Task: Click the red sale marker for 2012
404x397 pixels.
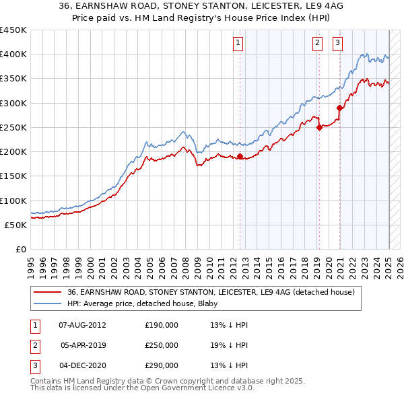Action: [x=240, y=157]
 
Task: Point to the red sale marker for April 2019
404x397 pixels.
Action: [x=319, y=128]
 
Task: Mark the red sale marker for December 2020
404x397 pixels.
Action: [x=340, y=108]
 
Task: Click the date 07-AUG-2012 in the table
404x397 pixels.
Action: [x=83, y=325]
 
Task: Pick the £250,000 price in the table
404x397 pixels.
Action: [x=162, y=345]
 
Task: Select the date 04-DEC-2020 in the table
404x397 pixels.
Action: [x=83, y=365]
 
